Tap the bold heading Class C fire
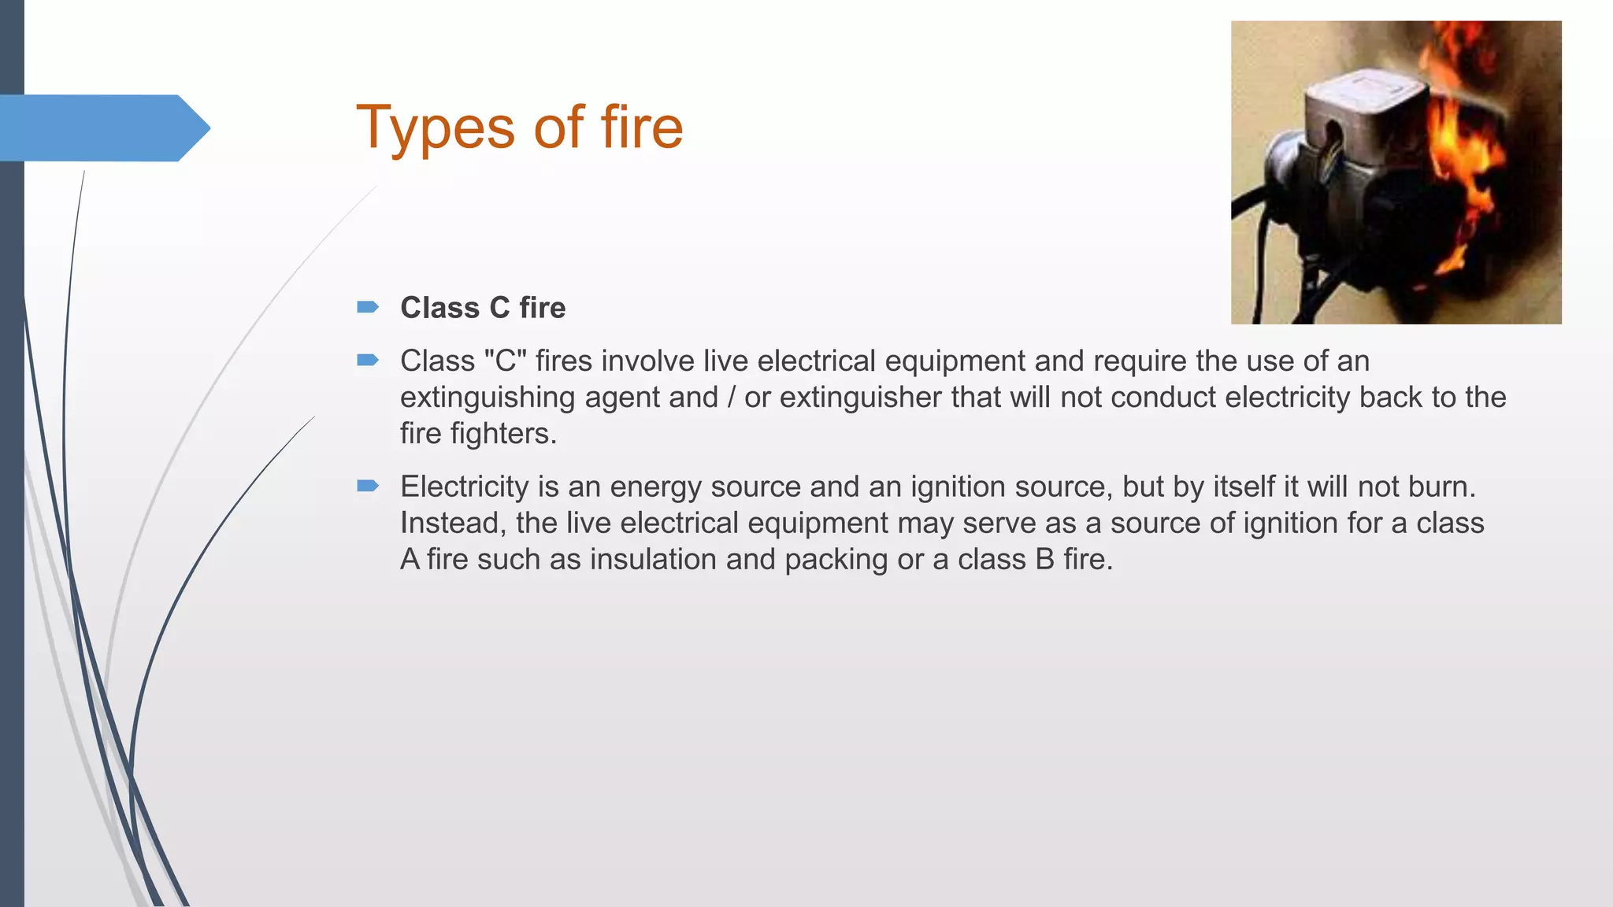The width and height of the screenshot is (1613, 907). point(483,308)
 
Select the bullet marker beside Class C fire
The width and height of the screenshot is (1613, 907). point(368,307)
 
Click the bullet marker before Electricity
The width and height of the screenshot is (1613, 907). point(368,486)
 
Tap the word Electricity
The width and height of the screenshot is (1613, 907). point(464,487)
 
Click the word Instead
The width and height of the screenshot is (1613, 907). point(453,523)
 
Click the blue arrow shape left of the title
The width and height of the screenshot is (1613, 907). point(102,128)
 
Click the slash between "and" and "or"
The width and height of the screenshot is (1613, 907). point(731,398)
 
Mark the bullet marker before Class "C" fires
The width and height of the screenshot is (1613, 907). point(368,361)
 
